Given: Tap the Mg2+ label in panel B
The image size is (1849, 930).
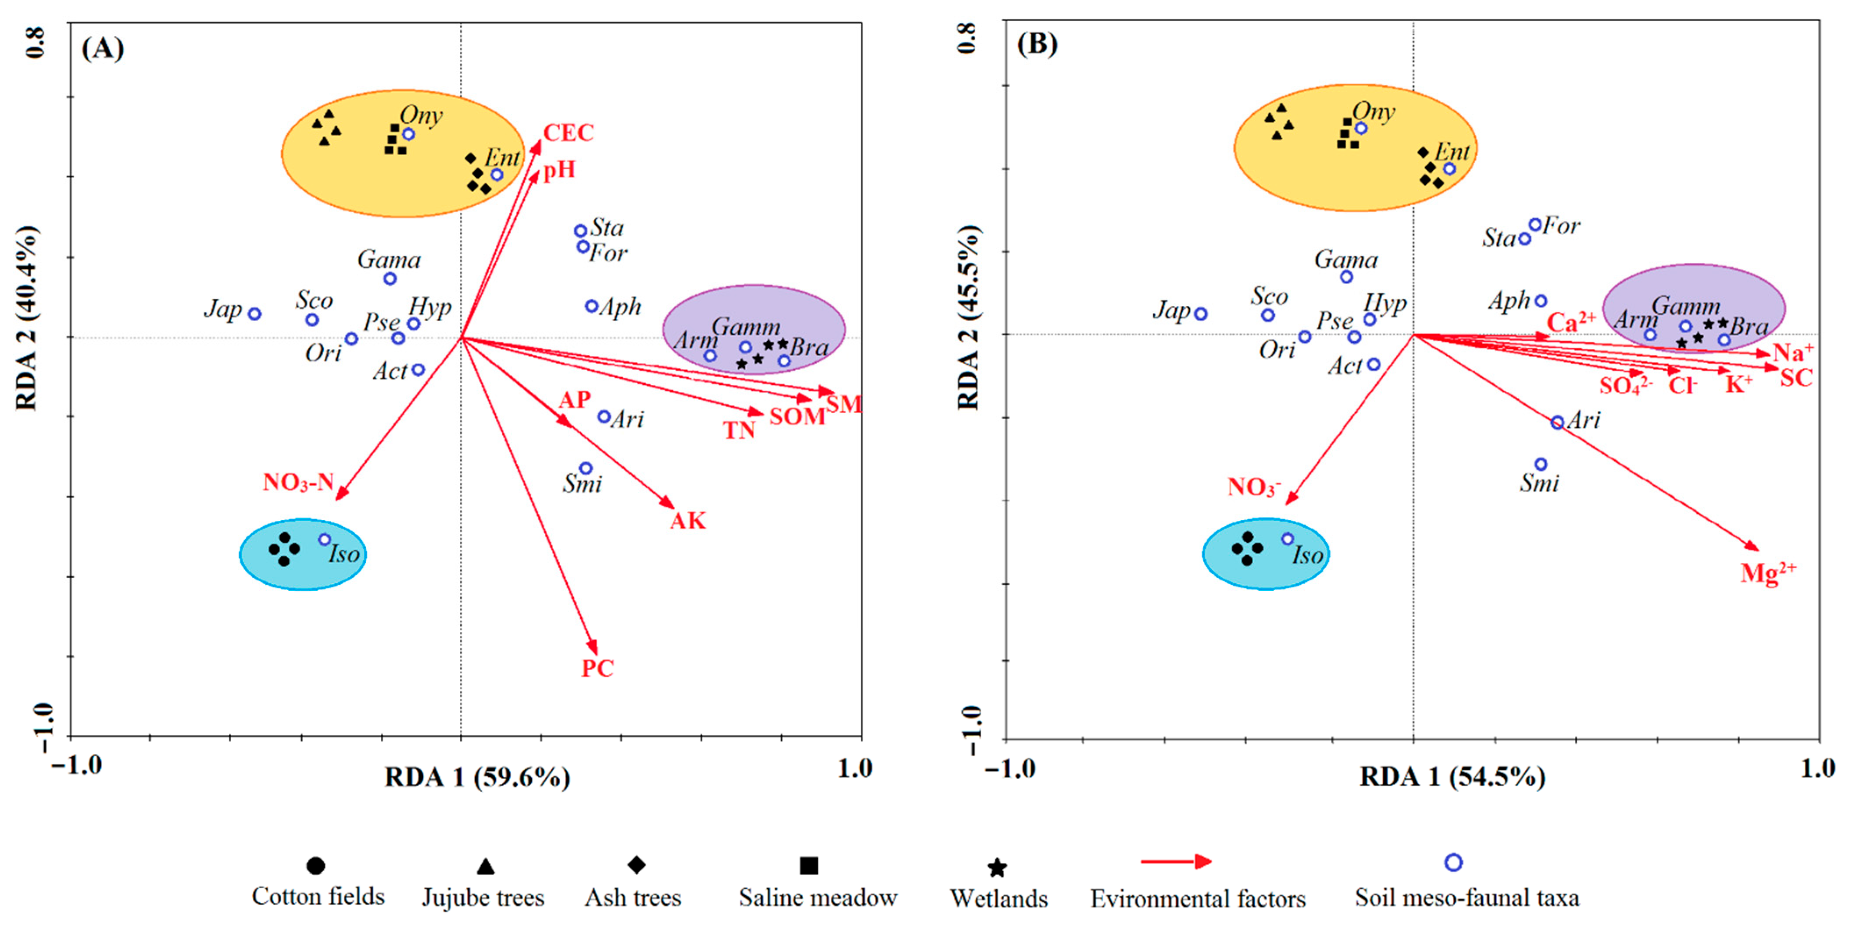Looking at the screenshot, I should click(1767, 572).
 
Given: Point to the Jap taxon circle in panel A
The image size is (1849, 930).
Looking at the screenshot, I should click(254, 314).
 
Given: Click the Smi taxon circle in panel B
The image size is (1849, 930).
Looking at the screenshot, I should click(1540, 464).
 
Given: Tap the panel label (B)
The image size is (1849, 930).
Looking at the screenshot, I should click(1037, 44).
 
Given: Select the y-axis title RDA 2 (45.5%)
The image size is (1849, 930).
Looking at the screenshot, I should click(969, 316).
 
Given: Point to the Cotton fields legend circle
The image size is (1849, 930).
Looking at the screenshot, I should click(315, 866).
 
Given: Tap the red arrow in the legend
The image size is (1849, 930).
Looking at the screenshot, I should click(1176, 861).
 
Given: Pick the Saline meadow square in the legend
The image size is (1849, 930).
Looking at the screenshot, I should click(809, 866).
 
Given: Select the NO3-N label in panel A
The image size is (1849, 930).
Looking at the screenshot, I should click(298, 482).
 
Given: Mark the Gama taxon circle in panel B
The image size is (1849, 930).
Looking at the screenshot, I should click(1347, 277).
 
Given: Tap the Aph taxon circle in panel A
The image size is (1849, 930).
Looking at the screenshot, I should click(591, 306).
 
